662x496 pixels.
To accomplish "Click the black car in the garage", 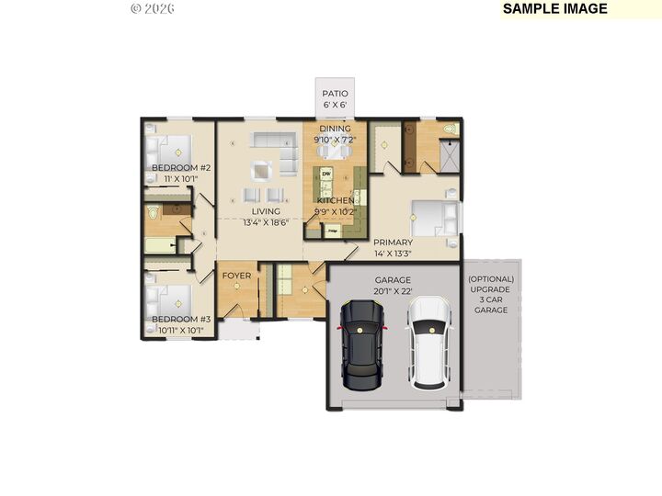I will (361, 344).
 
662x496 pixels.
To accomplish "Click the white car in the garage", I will (429, 344).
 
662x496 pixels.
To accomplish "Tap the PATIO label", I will (334, 94).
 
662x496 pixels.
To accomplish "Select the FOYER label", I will (236, 275).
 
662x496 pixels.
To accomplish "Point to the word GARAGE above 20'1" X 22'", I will (393, 280).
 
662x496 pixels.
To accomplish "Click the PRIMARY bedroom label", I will (393, 242).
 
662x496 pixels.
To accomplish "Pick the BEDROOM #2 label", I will (181, 168).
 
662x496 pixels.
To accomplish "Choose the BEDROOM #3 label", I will (181, 320).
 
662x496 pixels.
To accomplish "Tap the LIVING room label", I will (266, 211).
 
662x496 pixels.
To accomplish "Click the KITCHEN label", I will (335, 200).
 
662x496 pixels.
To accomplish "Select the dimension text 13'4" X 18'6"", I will (266, 222).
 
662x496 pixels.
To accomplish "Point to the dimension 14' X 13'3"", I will (393, 254).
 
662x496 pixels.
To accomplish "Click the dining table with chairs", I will (335, 151).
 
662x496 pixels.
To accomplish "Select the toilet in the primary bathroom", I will (449, 130).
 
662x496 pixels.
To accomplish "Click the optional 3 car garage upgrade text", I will (490, 294).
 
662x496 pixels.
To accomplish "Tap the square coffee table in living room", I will (263, 169).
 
